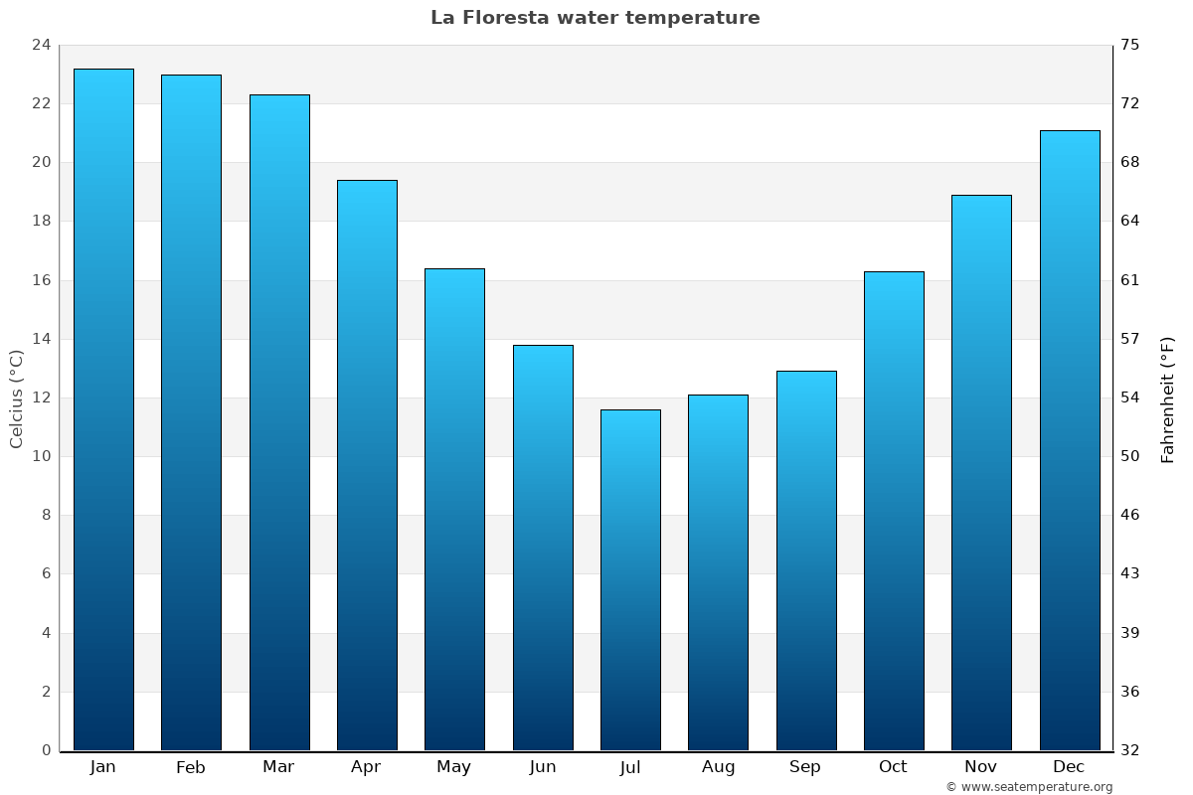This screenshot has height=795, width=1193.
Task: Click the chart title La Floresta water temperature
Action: point(595,18)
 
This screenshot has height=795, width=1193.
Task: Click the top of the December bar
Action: point(1070,132)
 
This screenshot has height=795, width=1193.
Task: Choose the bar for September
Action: point(806,560)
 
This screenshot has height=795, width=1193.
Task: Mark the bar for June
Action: point(543,548)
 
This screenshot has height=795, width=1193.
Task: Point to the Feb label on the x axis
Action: point(190,767)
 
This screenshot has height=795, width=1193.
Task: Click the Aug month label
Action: point(718,767)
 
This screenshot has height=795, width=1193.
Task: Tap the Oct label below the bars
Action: point(893,767)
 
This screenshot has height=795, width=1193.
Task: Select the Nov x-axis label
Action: point(980,767)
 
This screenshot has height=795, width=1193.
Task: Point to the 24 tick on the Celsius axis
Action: point(41,45)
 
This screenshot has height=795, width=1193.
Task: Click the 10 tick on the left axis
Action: point(41,456)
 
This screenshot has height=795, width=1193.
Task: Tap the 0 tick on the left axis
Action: point(46,750)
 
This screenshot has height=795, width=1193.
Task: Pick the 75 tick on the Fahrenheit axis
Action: point(1130,45)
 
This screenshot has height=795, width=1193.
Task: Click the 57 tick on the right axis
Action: point(1130,339)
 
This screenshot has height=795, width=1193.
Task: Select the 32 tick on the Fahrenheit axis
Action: point(1130,750)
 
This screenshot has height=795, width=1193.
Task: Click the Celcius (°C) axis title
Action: point(16,397)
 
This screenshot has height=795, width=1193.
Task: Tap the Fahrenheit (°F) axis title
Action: point(1168,399)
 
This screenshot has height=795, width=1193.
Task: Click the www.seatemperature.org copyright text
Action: point(1029,787)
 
